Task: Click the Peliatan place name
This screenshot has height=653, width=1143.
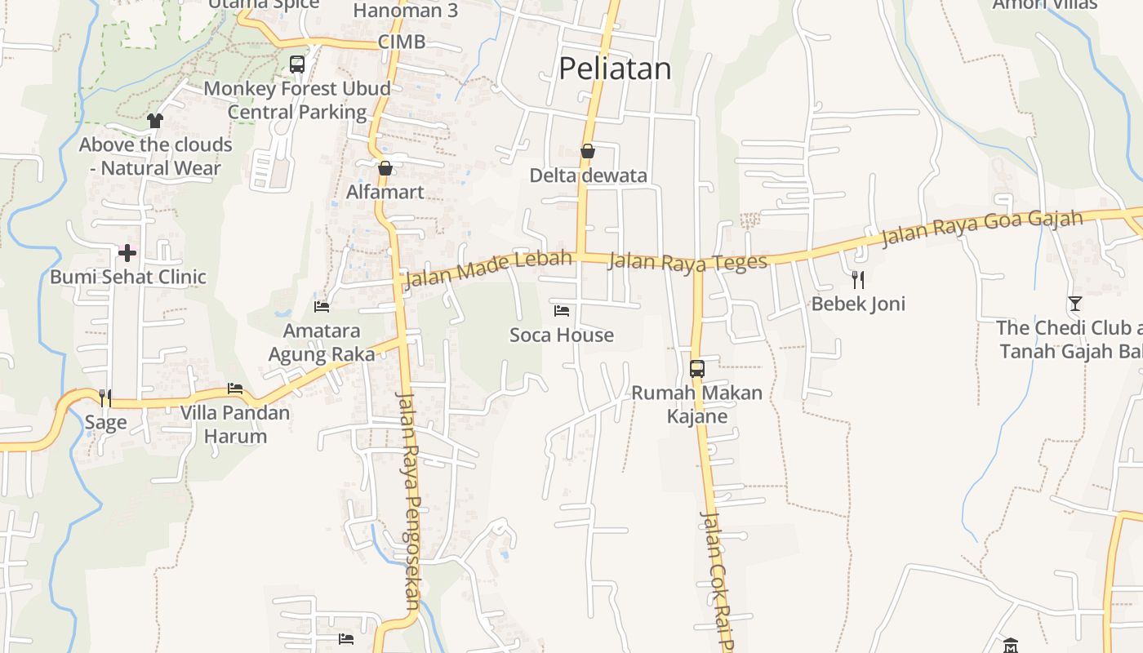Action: tap(615, 69)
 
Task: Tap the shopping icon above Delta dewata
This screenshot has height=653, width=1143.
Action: tap(587, 151)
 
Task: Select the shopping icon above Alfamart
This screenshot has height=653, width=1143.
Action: tap(385, 168)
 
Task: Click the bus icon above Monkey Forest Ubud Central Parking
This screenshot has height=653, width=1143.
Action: tap(297, 64)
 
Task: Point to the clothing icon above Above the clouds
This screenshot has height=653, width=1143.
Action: tap(155, 121)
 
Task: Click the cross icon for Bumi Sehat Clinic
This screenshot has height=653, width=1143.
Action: tap(127, 253)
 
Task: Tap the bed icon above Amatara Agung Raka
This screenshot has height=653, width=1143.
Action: tap(322, 307)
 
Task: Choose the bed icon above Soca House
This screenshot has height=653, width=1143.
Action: tap(562, 311)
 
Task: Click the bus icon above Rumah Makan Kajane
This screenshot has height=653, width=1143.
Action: tap(697, 368)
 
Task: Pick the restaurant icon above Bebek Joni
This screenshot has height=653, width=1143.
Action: tap(858, 280)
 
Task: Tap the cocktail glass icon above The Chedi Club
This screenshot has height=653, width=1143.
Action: tap(1074, 304)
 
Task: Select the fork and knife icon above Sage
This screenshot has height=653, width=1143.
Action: tap(105, 398)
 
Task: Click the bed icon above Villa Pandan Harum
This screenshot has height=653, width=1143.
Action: tap(235, 389)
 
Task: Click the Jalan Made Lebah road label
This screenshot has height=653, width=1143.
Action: tap(487, 270)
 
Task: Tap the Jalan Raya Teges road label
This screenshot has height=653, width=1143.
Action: tap(688, 261)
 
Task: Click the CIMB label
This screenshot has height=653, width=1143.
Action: tap(402, 42)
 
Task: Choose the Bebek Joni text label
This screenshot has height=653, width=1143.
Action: tap(858, 304)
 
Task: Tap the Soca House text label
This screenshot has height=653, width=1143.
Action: tap(562, 335)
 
